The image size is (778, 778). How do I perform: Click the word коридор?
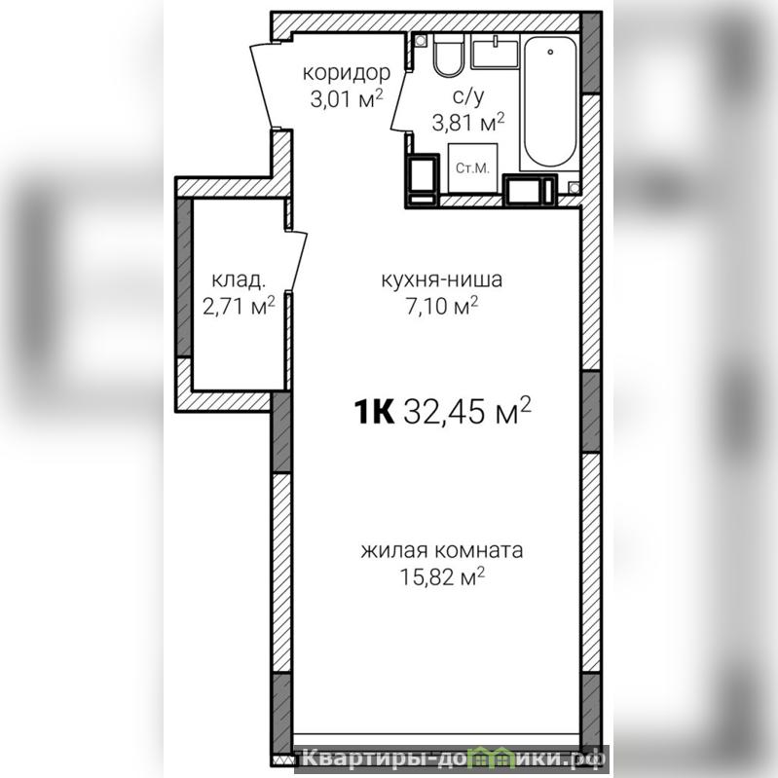347,73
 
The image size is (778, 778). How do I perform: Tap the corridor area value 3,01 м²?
347,98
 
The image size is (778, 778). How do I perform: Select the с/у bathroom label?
468,96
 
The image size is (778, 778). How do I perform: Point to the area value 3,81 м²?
468,122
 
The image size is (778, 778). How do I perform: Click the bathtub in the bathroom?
550,102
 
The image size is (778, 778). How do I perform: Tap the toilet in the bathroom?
449,55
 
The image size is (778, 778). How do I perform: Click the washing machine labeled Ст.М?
472,168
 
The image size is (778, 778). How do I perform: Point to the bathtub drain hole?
550,52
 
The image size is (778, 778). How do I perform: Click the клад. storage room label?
239,279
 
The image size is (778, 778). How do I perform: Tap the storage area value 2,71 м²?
239,306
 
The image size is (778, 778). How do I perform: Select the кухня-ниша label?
442,279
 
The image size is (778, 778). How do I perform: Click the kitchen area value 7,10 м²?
442,306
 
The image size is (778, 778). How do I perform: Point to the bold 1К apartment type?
374,412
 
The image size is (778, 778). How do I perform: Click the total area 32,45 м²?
467,411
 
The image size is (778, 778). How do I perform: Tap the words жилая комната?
442,551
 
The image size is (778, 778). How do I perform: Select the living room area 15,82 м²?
442,576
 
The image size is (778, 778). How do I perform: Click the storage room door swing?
298,261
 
